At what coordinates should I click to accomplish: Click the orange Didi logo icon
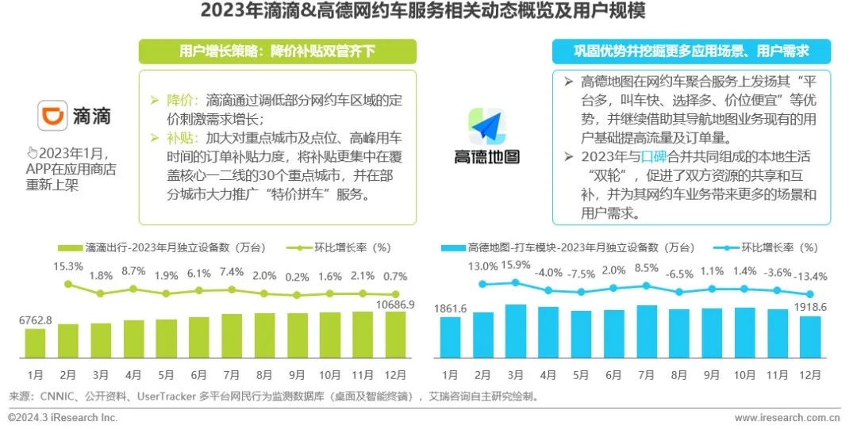(x=53, y=115)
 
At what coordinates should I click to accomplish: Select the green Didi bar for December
(x=395, y=333)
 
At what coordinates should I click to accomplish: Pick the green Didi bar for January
(x=36, y=341)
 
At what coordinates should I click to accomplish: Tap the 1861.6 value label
(x=451, y=308)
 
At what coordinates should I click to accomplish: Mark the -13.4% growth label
(x=810, y=276)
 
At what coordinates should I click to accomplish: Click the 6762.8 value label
(x=36, y=320)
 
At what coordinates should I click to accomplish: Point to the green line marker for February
(x=69, y=284)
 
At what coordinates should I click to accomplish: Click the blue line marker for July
(x=646, y=286)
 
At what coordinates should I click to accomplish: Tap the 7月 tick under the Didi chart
(x=232, y=375)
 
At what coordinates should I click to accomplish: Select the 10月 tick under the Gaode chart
(x=744, y=375)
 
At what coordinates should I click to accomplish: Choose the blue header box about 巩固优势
(x=691, y=52)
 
